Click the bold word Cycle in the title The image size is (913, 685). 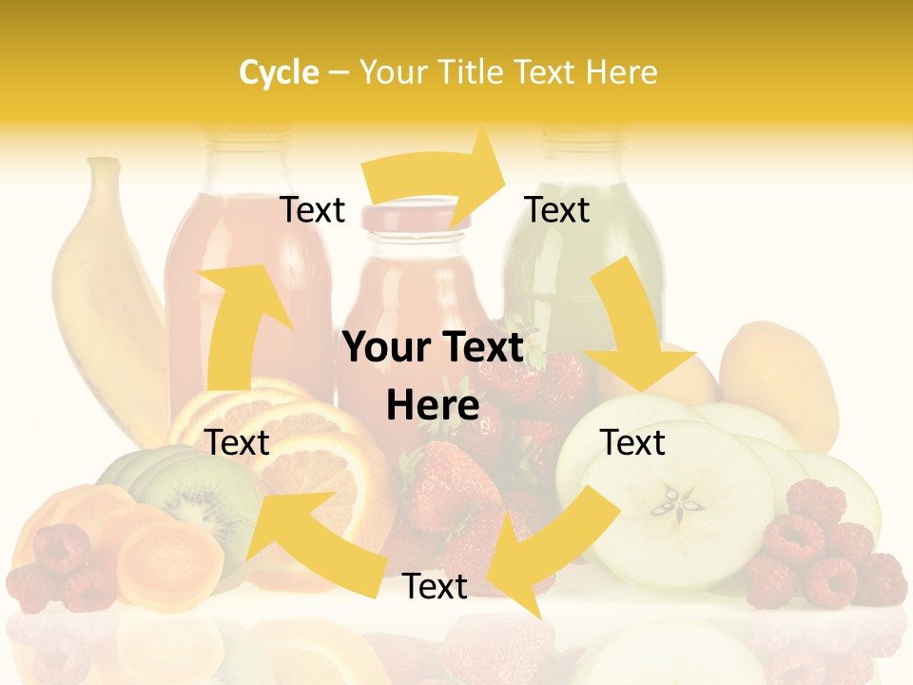point(279,72)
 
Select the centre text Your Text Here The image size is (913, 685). point(433,377)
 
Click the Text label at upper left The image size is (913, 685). point(312,210)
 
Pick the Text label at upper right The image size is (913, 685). point(557,210)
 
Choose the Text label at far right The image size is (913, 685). point(632,442)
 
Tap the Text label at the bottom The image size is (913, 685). point(435,587)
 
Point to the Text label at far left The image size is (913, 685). point(238,442)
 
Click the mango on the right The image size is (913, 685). point(780,381)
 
